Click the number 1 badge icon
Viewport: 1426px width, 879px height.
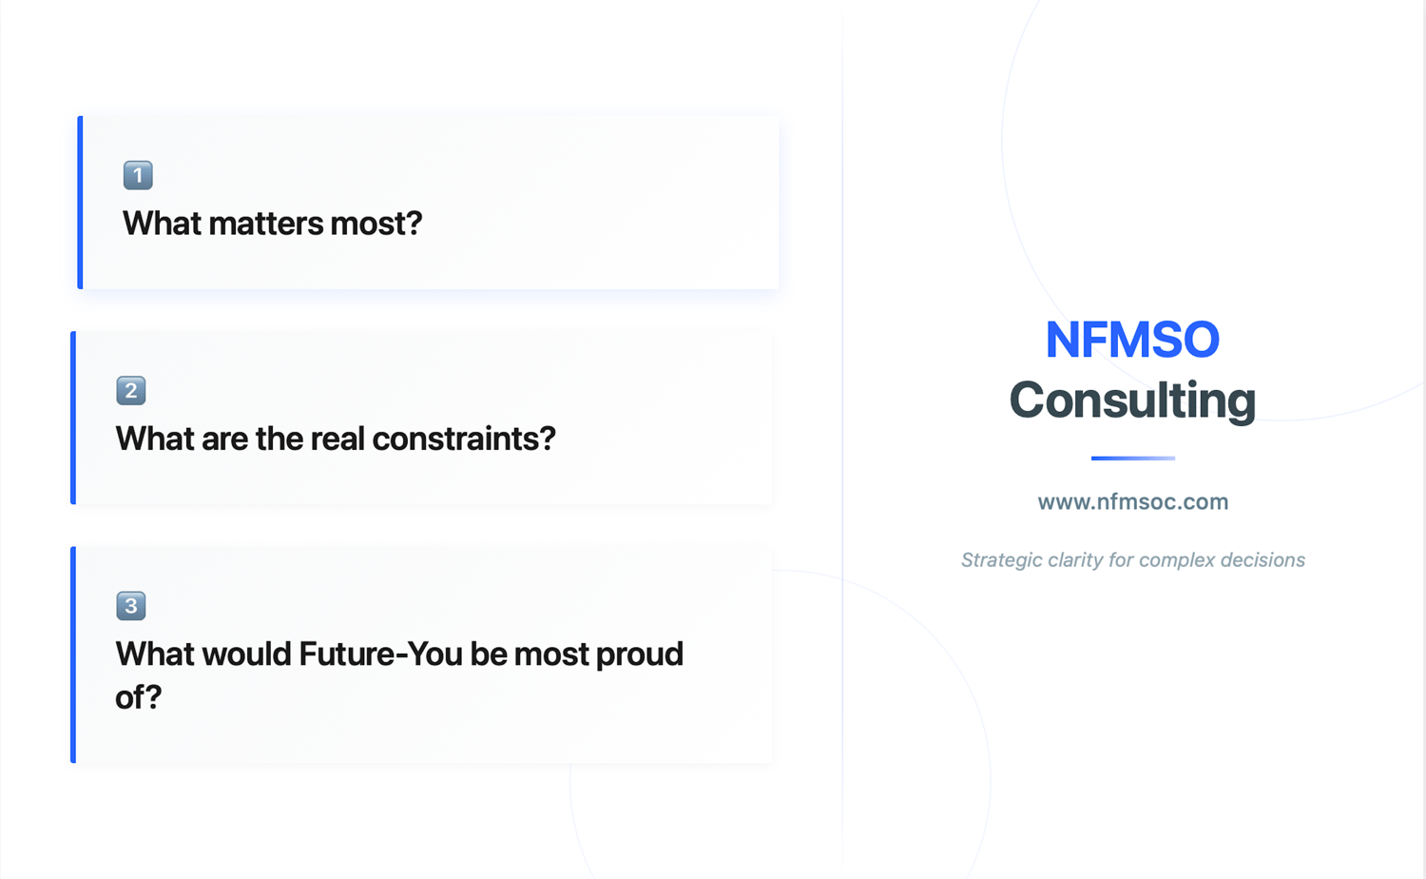coord(138,175)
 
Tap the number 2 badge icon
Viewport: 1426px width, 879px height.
coord(131,390)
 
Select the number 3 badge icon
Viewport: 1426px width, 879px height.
coord(131,606)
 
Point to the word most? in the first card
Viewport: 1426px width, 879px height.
coord(376,224)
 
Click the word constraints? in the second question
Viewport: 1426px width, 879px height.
coord(464,439)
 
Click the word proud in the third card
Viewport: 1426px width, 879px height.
coord(640,654)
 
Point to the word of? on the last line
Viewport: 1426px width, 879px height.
coord(139,697)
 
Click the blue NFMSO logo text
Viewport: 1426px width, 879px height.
coord(1132,340)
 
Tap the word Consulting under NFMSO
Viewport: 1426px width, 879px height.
coord(1132,400)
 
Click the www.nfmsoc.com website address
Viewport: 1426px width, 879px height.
coord(1133,502)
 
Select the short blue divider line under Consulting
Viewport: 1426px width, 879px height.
coord(1133,458)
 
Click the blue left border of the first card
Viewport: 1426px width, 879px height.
coord(80,203)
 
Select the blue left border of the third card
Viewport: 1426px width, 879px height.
coord(73,654)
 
